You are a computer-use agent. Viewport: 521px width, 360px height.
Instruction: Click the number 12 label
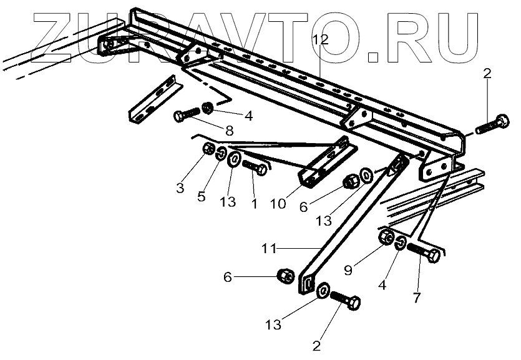(x=319, y=40)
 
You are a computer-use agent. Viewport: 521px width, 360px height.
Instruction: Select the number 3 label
(x=180, y=187)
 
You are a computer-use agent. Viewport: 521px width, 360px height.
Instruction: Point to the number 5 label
(x=201, y=196)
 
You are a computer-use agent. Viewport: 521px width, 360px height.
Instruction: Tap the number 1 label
(x=253, y=203)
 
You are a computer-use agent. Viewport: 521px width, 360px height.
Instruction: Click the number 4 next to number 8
(x=248, y=116)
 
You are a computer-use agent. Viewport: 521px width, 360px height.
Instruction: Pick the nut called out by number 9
(x=386, y=238)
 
